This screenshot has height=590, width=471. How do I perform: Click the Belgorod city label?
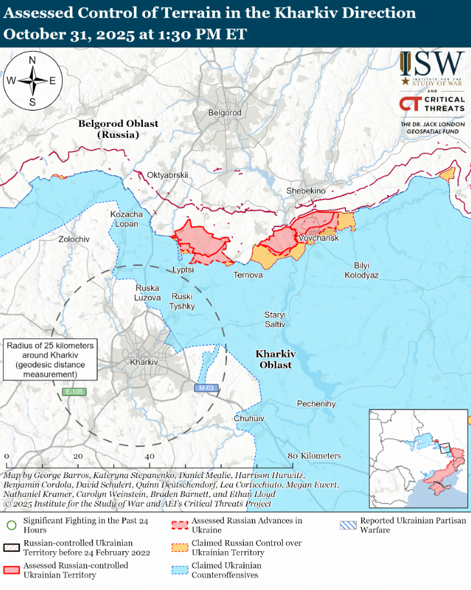coord(225,113)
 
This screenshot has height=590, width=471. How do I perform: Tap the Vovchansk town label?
coord(318,239)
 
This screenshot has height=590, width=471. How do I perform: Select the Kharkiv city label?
coord(144,362)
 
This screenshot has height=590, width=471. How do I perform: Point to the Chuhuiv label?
coord(250,419)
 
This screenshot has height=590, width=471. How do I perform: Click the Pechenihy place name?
coord(316,404)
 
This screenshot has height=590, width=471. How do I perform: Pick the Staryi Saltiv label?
coord(274,319)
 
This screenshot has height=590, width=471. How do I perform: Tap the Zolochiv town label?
coord(74,239)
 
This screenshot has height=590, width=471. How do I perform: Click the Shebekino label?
coord(306,190)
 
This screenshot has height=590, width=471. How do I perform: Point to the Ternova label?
coord(248,275)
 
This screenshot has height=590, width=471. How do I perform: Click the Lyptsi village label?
coord(183,270)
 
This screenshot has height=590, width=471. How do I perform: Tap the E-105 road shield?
coord(74,392)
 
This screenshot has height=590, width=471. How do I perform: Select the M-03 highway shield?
coord(206,388)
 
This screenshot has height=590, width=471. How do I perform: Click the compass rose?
coord(32,81)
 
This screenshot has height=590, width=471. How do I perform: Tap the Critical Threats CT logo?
coord(432,104)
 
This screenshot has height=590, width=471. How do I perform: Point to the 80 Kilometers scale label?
coord(314,456)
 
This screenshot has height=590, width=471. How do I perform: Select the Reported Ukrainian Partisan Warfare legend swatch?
coord(347,522)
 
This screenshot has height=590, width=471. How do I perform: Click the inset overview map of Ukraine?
coord(418,459)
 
